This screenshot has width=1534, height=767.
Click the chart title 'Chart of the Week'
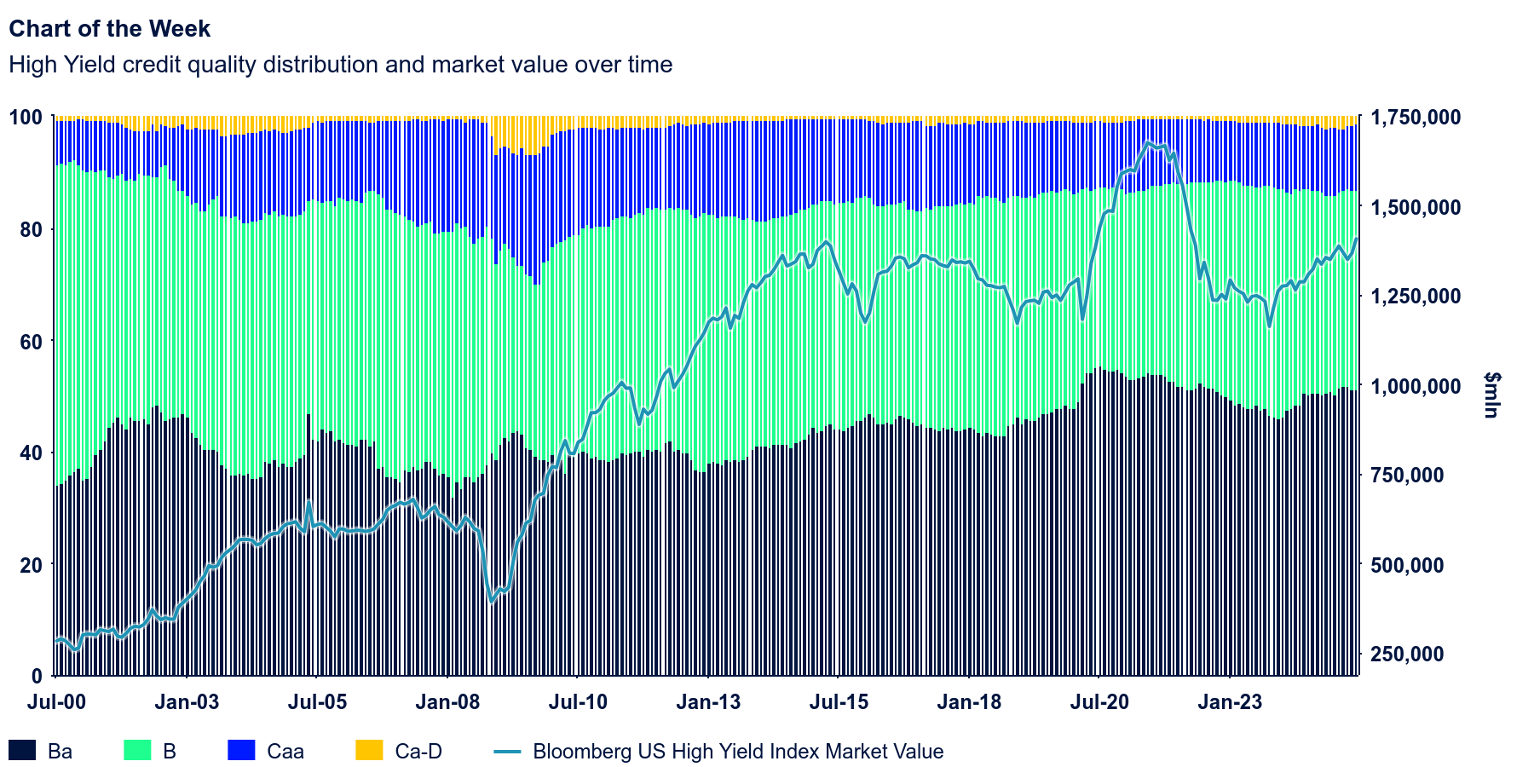(x=109, y=29)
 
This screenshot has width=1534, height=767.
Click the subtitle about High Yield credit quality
(x=340, y=65)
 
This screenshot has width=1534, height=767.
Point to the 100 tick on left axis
(x=26, y=117)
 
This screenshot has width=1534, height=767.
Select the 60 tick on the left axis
(x=31, y=341)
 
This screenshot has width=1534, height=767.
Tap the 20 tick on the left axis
(x=31, y=564)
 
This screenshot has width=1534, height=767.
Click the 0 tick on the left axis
(x=36, y=676)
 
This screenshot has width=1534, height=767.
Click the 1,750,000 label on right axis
(x=1415, y=117)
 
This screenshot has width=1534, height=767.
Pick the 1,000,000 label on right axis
(x=1415, y=386)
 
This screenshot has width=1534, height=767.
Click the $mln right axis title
(x=1491, y=395)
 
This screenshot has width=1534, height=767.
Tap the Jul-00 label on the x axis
(x=56, y=702)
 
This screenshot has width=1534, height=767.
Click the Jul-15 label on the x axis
(x=839, y=702)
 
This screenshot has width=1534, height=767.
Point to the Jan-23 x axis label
(x=1230, y=702)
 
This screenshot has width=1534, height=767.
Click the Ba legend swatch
(x=22, y=750)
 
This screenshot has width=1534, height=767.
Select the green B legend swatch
(x=138, y=750)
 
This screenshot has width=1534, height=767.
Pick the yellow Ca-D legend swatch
(x=369, y=750)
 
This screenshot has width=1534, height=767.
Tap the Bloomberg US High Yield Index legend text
(x=738, y=752)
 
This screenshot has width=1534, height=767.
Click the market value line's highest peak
(x=1148, y=141)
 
